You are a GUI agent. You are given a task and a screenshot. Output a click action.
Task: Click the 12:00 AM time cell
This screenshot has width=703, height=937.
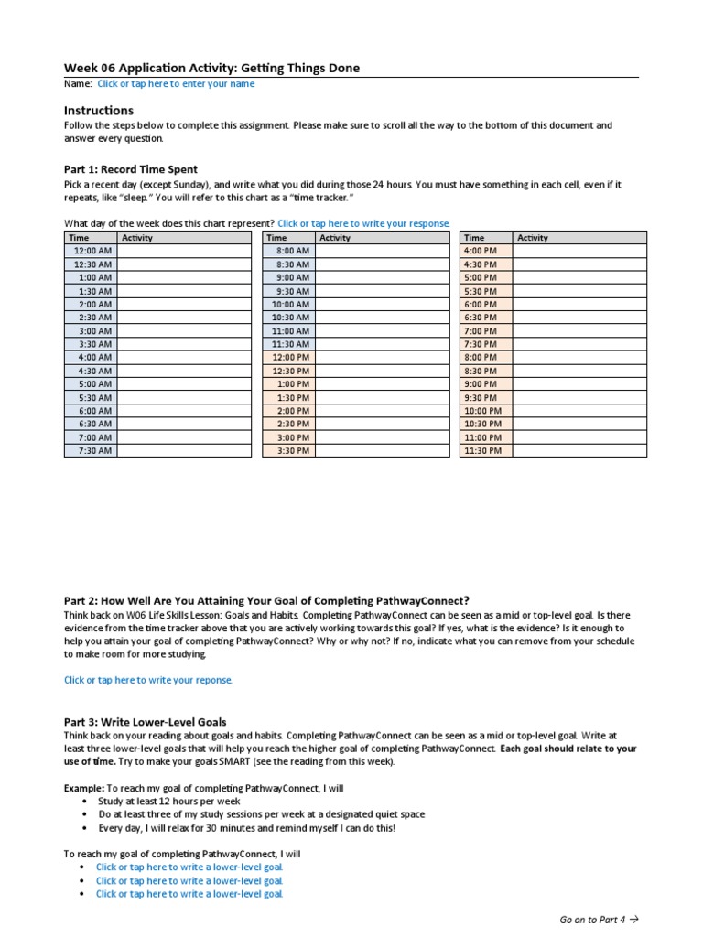[91, 251]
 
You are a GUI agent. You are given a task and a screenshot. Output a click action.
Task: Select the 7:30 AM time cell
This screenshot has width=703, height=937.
[91, 450]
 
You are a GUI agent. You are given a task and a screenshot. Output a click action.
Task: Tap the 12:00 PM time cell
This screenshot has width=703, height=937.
[289, 357]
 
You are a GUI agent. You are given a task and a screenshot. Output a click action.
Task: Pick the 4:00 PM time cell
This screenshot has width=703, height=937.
[485, 251]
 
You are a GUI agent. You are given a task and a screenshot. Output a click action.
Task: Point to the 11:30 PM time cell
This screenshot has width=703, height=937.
[485, 450]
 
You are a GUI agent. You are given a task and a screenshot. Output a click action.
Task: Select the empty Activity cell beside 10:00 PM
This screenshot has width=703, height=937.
[579, 411]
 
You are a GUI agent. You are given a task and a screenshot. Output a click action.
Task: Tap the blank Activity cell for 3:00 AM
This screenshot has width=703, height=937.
[183, 330]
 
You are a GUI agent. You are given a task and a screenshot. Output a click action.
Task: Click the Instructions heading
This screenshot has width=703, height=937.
[98, 111]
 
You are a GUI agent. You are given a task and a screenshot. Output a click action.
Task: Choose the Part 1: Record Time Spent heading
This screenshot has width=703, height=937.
[130, 169]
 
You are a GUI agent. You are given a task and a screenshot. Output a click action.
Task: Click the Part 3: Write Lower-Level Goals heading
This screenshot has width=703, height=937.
[145, 722]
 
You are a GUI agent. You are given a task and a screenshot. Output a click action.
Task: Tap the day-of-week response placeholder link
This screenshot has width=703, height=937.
[363, 223]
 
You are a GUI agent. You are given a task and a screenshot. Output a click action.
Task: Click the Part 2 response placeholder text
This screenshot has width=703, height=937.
[148, 680]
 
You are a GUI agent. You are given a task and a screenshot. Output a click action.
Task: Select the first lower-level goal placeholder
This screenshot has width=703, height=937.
[189, 867]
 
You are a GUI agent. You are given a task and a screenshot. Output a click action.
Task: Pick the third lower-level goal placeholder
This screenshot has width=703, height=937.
[189, 894]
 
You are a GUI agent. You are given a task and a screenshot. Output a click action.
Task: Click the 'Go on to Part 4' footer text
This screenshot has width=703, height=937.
[598, 920]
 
